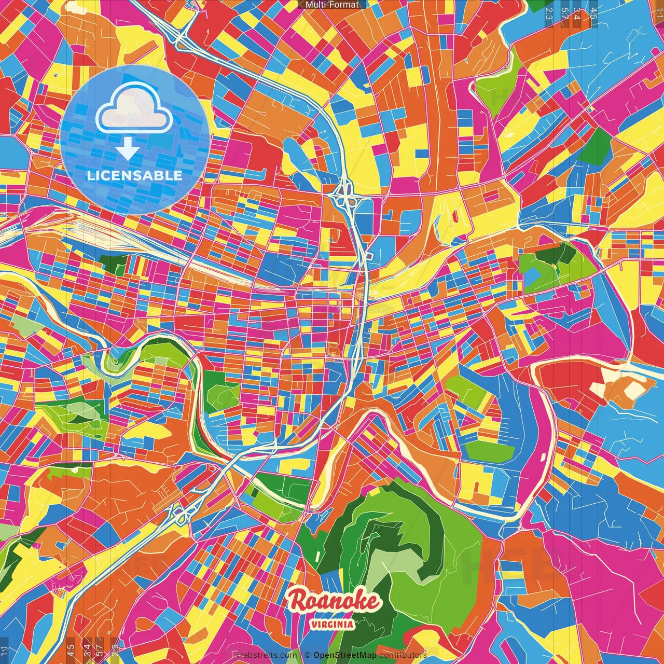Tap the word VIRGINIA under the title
[333, 625]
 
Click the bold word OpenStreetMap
[344, 655]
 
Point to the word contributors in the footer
[403, 655]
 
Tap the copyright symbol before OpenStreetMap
[307, 655]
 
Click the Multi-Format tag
[332, 5]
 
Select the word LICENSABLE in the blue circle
[135, 175]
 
